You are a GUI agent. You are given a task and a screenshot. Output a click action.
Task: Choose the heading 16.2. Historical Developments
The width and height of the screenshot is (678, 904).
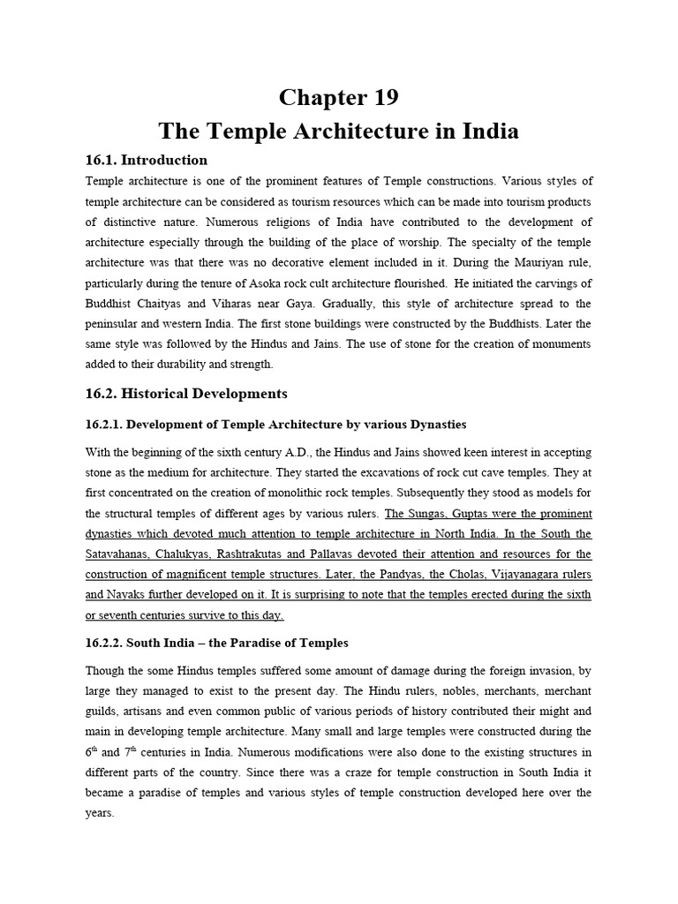point(186,393)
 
